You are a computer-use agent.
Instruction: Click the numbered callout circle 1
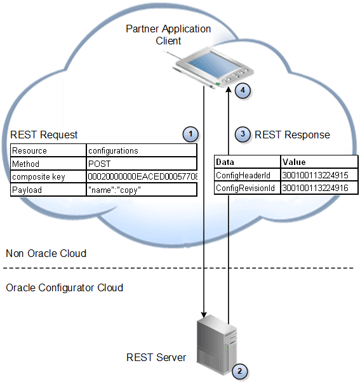click(x=190, y=134)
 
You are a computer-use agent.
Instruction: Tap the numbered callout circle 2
click(x=239, y=371)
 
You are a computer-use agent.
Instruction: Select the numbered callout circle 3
click(x=242, y=134)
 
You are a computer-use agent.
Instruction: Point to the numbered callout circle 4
click(x=242, y=90)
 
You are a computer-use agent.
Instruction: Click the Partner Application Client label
click(x=168, y=34)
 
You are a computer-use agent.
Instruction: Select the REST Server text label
click(x=156, y=357)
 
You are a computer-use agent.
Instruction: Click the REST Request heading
click(x=44, y=135)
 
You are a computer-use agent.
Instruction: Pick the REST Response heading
click(x=292, y=135)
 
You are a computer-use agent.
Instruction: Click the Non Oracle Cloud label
click(x=46, y=253)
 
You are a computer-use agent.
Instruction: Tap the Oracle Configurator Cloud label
click(x=64, y=287)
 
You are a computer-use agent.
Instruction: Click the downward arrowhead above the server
click(x=204, y=313)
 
